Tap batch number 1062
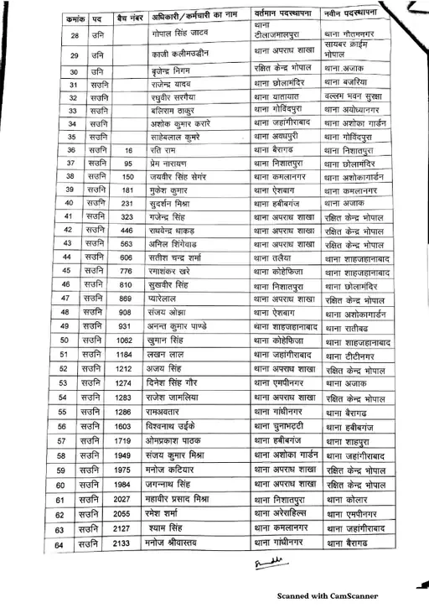click(124, 340)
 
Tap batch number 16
click(128, 149)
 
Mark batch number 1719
click(124, 440)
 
